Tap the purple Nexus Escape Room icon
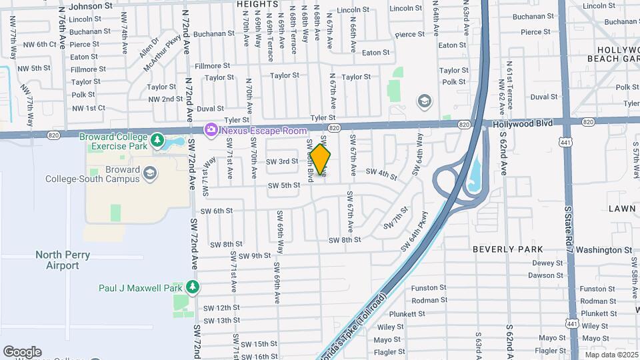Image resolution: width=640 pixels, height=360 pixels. (x=211, y=129)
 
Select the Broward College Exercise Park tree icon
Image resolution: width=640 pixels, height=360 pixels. (x=157, y=140)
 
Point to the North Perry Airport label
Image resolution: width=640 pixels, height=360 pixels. (x=57, y=260)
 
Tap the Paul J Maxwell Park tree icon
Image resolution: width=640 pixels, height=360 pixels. (x=193, y=287)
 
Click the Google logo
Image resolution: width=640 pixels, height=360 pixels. (x=22, y=352)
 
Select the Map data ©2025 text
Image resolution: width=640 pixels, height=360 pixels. (x=611, y=355)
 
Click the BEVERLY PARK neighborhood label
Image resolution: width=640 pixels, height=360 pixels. (x=508, y=249)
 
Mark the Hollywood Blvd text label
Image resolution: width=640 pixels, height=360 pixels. (x=523, y=124)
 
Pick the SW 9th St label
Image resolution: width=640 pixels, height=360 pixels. (x=255, y=256)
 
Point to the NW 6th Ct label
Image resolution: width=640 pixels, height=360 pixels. (x=37, y=44)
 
